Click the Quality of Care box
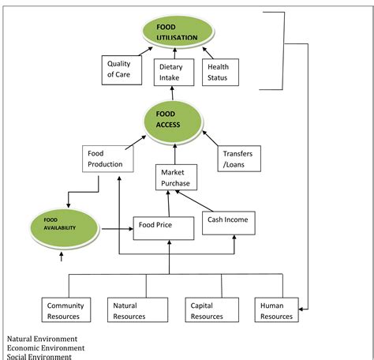click(122, 70)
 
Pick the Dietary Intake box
click(170, 73)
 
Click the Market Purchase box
click(179, 178)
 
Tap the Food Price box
click(163, 229)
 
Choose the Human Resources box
click(276, 309)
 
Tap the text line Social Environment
click(39, 356)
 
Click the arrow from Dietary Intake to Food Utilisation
click(171, 53)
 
